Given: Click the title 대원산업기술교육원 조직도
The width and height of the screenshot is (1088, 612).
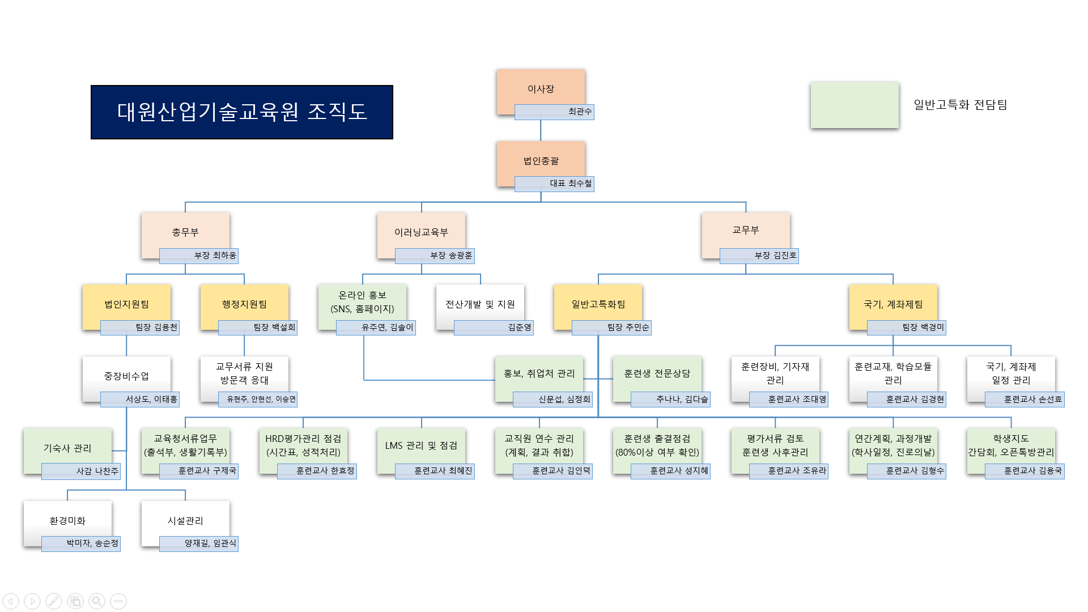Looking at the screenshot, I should [x=241, y=112].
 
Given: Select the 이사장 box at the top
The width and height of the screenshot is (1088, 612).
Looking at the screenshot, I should [x=541, y=89].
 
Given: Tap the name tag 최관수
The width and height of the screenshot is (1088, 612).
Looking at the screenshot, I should [x=554, y=112].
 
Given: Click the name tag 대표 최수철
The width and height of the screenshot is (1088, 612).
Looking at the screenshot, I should [x=554, y=184].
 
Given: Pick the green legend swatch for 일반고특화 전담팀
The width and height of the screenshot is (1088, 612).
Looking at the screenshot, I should [x=854, y=105].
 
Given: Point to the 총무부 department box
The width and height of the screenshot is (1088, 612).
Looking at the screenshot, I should [x=185, y=232].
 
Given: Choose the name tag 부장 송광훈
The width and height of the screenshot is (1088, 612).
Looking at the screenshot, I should [x=435, y=256].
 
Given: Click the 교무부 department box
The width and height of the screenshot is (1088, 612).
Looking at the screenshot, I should [x=745, y=230].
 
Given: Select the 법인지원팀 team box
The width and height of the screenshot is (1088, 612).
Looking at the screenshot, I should [x=126, y=304].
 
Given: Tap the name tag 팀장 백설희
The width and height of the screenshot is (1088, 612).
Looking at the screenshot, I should [x=258, y=328].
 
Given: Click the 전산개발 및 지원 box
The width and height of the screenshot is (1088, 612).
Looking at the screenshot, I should [x=480, y=304].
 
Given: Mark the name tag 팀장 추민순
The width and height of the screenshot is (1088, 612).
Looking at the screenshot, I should [x=611, y=328].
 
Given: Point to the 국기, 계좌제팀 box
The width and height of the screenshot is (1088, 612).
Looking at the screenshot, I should [x=893, y=304].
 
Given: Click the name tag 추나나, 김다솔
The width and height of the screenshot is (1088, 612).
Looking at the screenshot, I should [x=670, y=399].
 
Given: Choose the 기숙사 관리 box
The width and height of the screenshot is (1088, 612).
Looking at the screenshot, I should [x=67, y=448].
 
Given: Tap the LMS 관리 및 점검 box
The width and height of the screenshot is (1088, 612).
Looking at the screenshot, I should [x=421, y=445].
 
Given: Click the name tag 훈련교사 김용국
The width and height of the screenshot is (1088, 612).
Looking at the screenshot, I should [x=1025, y=471].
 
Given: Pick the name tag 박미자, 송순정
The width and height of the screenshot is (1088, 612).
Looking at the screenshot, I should [x=81, y=543].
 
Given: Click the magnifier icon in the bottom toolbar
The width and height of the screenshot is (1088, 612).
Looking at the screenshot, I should [x=97, y=601].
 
